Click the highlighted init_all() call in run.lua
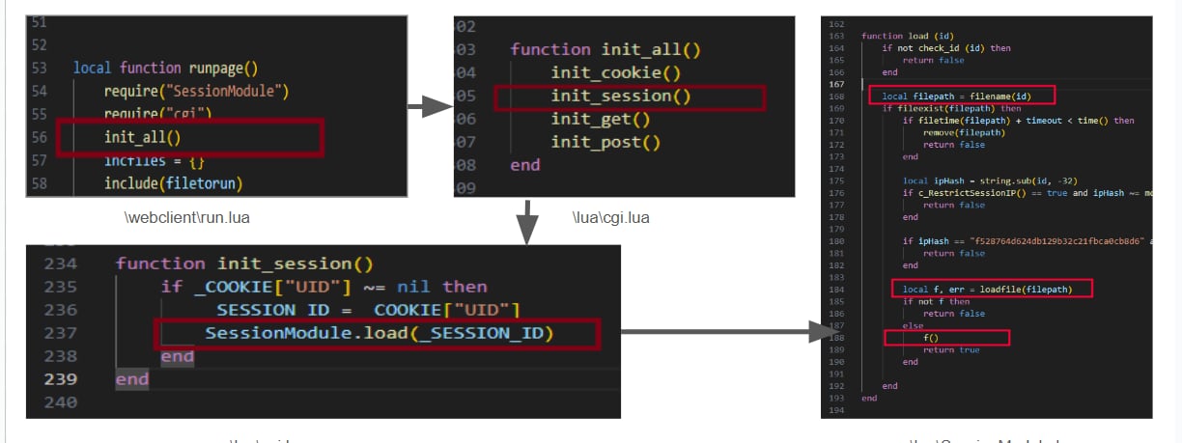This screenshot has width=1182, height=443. coord(143,138)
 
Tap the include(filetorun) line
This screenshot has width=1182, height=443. coord(173,182)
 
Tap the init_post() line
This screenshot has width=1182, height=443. coord(605,142)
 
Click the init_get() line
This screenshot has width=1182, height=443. coord(601,119)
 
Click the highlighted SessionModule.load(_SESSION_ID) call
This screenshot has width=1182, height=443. coord(380,333)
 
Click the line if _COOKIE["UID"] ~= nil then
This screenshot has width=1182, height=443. coord(324,287)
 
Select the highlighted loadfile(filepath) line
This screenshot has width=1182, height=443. coord(983,289)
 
